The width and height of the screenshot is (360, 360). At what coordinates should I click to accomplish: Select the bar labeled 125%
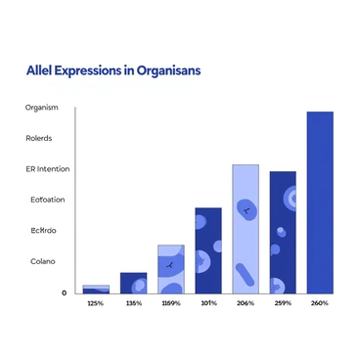[96, 290]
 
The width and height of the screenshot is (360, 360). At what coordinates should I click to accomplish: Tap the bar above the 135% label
[133, 283]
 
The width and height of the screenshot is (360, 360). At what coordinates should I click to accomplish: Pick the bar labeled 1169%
[170, 269]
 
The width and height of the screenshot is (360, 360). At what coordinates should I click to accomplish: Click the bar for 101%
[208, 250]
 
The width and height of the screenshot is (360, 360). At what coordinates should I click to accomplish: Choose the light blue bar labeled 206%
[246, 229]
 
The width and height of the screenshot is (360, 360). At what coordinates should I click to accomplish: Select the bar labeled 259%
[283, 232]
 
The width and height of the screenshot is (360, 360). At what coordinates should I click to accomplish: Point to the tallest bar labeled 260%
[320, 202]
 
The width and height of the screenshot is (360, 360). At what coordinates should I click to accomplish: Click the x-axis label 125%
[96, 304]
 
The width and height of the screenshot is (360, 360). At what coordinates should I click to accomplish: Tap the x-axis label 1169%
[170, 304]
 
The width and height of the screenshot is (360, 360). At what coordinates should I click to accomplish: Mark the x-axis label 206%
[246, 304]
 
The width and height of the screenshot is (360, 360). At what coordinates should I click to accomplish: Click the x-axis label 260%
[320, 304]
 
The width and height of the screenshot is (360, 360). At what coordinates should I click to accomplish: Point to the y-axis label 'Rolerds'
[40, 138]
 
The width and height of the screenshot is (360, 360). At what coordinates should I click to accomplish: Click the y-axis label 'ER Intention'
[48, 169]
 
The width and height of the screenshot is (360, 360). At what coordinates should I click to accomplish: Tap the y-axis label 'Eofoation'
[47, 200]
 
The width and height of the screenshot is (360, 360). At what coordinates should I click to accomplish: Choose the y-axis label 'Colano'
[43, 261]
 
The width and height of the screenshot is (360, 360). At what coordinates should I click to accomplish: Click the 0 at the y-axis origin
[65, 292]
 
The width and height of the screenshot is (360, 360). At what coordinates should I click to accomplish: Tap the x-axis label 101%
[208, 304]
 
